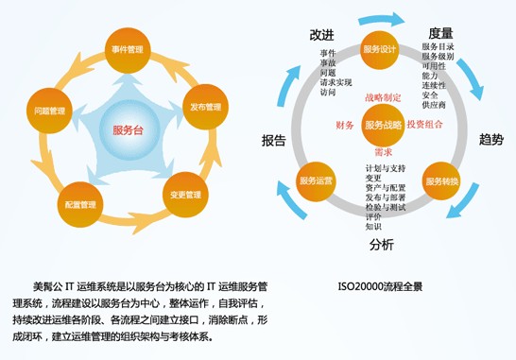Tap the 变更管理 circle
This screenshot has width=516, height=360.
point(185,195)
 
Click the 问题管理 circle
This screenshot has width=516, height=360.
point(49,110)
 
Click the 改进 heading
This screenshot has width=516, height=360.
point(321,35)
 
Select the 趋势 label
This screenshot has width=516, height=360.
point(490,140)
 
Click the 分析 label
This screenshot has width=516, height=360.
point(381,245)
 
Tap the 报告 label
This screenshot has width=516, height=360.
point(273,141)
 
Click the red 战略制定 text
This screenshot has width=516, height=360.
point(383,96)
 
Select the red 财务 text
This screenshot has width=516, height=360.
point(345,125)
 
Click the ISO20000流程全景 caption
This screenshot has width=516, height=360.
point(379,284)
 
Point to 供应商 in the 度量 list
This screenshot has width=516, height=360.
point(434,105)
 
